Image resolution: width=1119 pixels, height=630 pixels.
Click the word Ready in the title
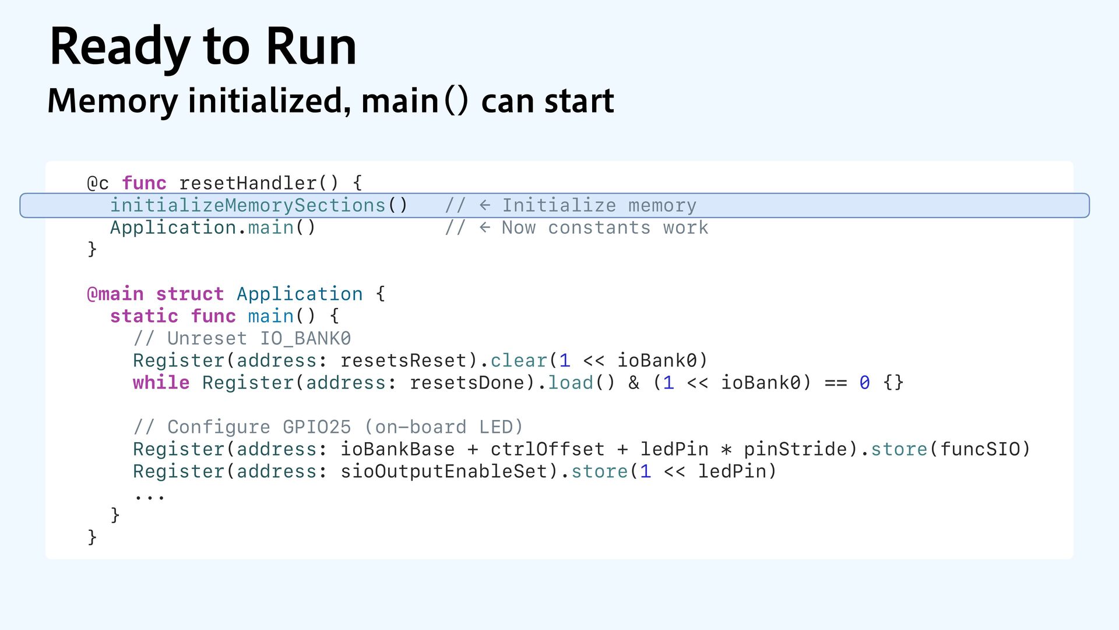(119, 47)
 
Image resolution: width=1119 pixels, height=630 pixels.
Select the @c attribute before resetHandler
(98, 183)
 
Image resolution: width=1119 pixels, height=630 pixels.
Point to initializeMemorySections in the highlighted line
(248, 205)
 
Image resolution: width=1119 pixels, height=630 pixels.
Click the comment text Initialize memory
(599, 205)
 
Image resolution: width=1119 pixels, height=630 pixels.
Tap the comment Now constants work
(605, 228)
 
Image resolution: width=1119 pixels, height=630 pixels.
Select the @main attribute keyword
(115, 294)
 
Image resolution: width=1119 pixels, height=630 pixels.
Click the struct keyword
(189, 294)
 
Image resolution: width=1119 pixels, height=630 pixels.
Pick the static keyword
(144, 316)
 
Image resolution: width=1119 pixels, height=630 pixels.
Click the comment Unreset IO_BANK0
(259, 338)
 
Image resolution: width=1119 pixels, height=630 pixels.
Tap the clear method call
(519, 360)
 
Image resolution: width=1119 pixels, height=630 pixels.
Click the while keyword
(161, 383)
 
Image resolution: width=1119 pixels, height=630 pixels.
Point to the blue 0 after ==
(864, 383)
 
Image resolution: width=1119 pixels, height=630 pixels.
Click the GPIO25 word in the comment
(316, 427)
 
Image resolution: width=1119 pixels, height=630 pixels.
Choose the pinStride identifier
(796, 449)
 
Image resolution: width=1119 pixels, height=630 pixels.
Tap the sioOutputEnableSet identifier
(444, 471)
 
